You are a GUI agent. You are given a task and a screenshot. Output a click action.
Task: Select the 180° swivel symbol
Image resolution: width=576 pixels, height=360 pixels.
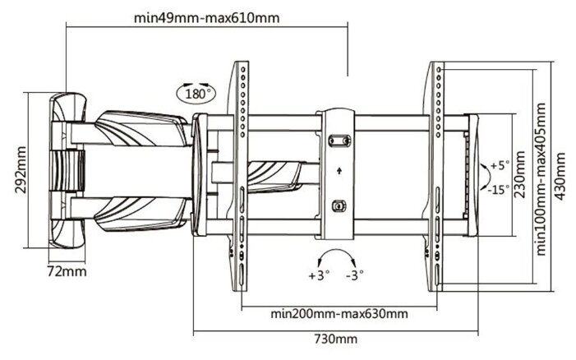[x=195, y=92]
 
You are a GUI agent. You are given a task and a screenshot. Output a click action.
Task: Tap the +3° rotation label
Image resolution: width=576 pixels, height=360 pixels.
[x=317, y=276]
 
